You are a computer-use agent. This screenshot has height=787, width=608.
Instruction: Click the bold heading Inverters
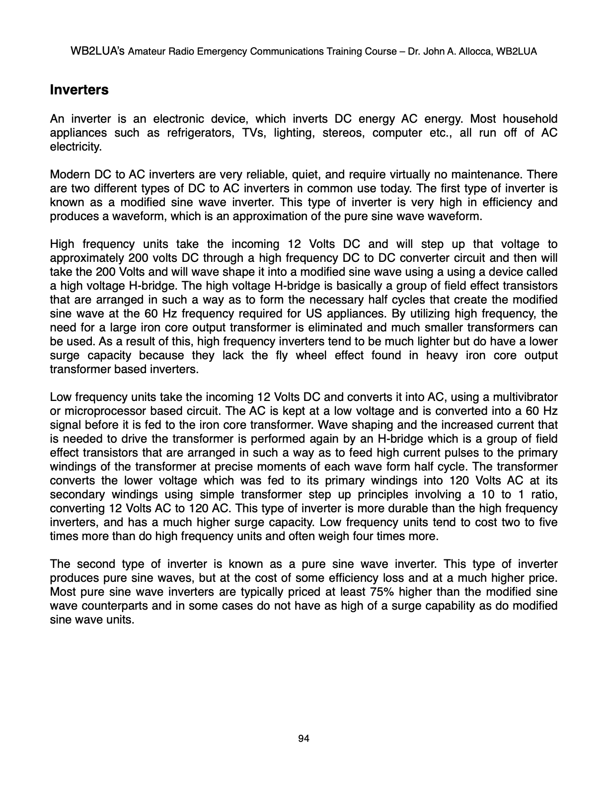(x=79, y=90)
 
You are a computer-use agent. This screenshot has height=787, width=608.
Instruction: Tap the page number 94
(x=304, y=739)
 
